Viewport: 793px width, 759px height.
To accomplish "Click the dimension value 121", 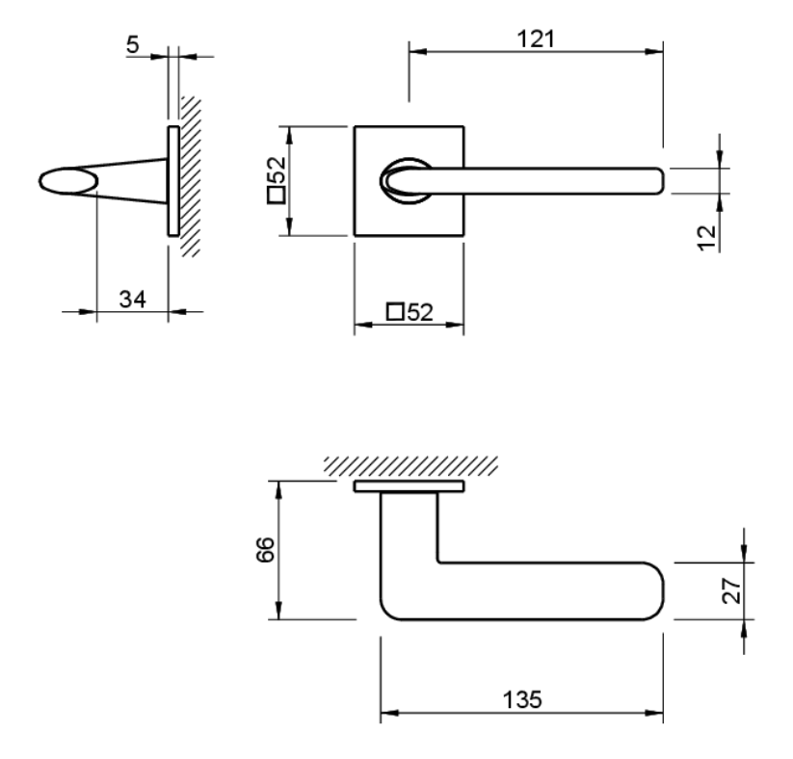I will pos(535,39).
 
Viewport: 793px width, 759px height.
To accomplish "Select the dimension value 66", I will pos(268,550).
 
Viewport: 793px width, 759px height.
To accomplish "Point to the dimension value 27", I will pos(731,589).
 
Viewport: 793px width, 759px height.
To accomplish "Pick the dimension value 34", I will pos(132,299).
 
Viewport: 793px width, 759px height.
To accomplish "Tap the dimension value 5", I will pos(132,45).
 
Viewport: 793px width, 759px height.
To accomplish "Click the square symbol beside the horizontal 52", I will pos(394,311).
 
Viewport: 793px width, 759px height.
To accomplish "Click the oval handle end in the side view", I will pos(67,181).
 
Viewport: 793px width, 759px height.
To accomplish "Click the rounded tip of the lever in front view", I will pos(658,180).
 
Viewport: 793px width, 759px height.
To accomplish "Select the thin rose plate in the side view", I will pos(172,180).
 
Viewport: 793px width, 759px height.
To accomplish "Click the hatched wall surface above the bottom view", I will pos(411,467).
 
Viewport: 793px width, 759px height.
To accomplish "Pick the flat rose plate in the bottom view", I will pos(409,487).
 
